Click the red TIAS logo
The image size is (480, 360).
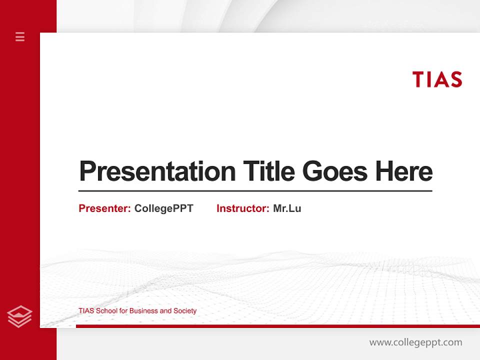coord(437,79)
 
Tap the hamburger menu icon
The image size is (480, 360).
coord(20,36)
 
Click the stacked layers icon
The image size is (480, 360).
coord(20,316)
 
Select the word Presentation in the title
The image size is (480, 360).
coord(157,172)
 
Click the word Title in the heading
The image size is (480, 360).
coord(268,171)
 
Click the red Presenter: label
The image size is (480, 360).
coord(104,208)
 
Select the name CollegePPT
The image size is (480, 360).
coord(163,208)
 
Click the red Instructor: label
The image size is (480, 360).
coord(242,208)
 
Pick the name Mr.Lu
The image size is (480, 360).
coord(287,208)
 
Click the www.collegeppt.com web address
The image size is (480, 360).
coord(415,342)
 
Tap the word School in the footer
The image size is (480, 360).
coord(106,311)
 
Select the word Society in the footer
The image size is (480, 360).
coord(185,311)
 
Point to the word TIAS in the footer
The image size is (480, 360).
coord(86,311)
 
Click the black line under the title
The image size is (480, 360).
coord(255,191)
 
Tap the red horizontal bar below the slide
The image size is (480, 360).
coord(277,326)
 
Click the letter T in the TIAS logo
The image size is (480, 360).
coord(418,79)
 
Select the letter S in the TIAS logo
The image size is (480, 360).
coord(455,79)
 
